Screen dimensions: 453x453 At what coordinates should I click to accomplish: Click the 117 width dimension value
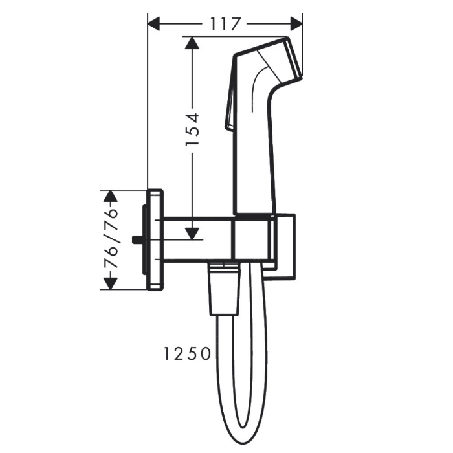tap(225, 24)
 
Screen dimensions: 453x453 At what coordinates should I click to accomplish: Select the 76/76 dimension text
tap(111, 239)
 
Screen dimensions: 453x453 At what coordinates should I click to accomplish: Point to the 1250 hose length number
tap(187, 353)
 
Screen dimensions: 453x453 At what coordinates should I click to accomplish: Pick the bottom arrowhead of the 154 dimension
tap(192, 232)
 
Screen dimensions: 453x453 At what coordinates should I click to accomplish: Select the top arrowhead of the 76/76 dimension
tap(111, 196)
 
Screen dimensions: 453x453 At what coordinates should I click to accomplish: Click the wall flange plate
tap(155, 240)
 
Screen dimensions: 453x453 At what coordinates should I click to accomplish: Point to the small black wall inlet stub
tap(136, 240)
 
